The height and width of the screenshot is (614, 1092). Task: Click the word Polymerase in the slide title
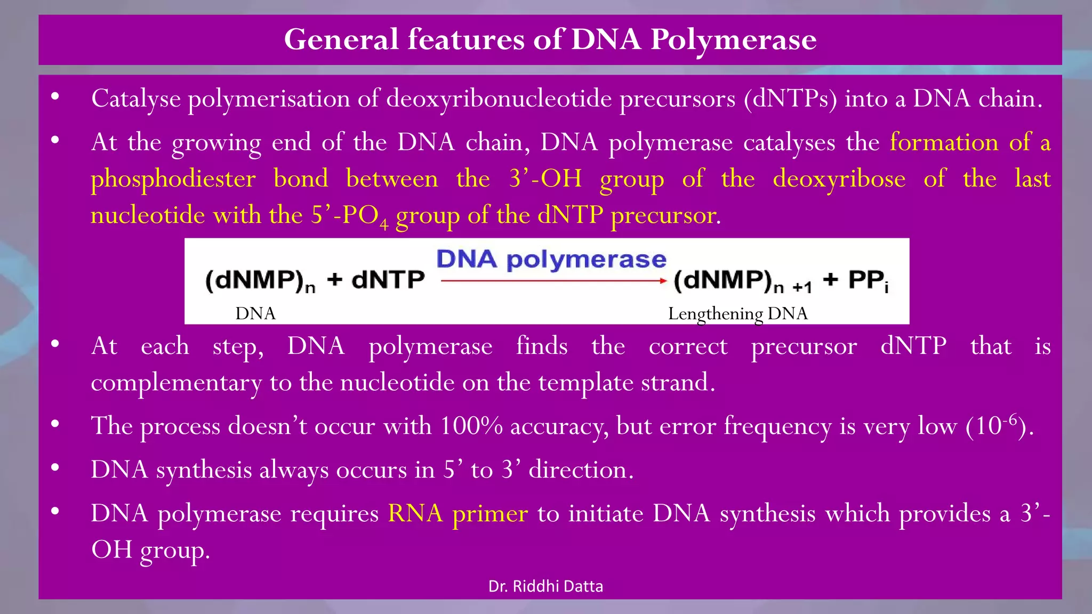tap(733, 40)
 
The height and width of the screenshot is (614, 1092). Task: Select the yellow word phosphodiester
tap(173, 179)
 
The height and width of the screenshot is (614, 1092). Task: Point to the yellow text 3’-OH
tap(545, 179)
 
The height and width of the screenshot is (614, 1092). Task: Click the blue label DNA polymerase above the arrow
tap(551, 260)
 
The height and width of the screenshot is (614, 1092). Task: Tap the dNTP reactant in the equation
tap(388, 280)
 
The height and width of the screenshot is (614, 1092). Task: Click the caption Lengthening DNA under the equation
tap(737, 313)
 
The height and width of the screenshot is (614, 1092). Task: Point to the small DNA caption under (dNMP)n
tap(255, 313)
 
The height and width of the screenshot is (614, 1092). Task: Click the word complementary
tap(176, 383)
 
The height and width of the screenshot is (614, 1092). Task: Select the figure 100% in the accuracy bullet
tap(471, 426)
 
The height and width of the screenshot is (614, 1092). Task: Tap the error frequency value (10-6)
tap(999, 426)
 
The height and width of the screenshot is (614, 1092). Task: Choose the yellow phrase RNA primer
tap(457, 513)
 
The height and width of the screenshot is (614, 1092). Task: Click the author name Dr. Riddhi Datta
tap(545, 586)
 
